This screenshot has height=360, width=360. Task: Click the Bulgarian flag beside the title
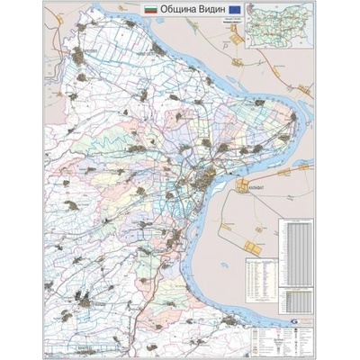(x=150, y=7)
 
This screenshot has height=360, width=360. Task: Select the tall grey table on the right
(x=297, y=251)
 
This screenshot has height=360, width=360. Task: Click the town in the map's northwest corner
(x=87, y=55)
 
